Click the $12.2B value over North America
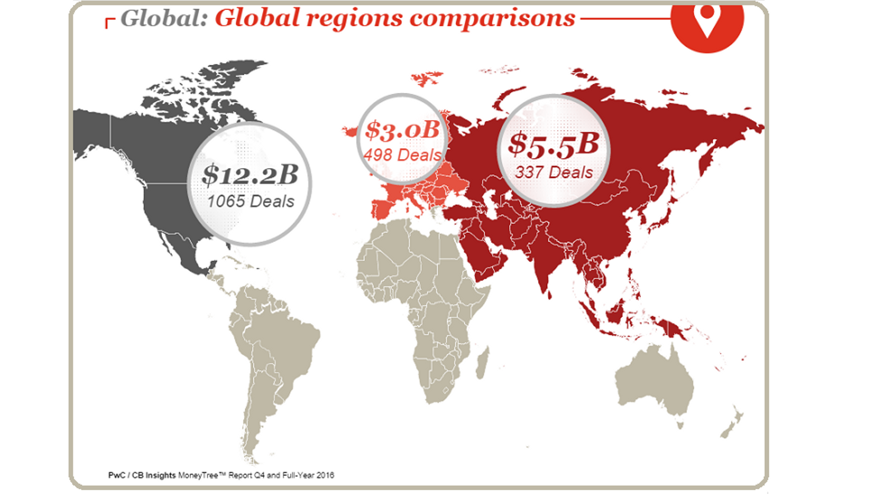pos(250,175)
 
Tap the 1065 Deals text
pos(250,202)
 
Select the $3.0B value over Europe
pos(402,130)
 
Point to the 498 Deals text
pos(402,155)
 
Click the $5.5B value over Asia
pos(553,144)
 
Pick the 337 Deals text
pos(553,173)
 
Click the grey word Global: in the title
pos(164,19)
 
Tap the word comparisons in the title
pos(492,19)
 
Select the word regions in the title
pos(354,19)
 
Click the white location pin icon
pos(707,19)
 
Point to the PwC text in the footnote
pos(116,475)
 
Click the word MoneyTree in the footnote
pos(198,475)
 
